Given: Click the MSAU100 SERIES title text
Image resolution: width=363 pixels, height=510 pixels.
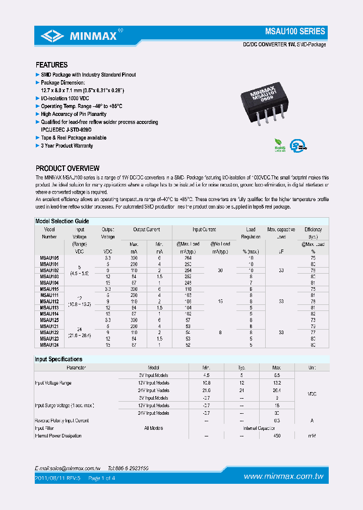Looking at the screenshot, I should [x=295, y=31].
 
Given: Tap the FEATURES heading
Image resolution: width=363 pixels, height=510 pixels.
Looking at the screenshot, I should [x=51, y=65].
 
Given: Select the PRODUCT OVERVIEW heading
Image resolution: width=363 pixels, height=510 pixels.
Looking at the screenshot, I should [x=68, y=168].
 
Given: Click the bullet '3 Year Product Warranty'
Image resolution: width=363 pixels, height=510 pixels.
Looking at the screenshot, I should [x=67, y=146].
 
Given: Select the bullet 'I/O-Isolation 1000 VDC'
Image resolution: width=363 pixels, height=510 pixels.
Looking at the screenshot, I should [x=65, y=98].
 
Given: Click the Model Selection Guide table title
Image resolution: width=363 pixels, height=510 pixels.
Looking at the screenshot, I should [x=62, y=221].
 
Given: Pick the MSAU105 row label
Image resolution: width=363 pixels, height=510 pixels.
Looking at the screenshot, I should [x=49, y=258].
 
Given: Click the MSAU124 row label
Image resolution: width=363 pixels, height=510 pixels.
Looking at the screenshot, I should [x=49, y=345].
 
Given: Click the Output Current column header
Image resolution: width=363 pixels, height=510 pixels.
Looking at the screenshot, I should [x=146, y=230].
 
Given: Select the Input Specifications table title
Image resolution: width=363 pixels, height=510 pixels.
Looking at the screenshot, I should [x=58, y=359].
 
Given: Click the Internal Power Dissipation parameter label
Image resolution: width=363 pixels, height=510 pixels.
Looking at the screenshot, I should [x=58, y=435].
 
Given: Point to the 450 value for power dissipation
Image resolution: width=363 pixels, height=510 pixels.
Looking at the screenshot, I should [x=276, y=435].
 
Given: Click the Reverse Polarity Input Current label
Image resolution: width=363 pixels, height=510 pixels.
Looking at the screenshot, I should [x=62, y=420].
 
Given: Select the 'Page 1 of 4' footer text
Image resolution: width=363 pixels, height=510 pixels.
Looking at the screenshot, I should [x=102, y=478].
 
